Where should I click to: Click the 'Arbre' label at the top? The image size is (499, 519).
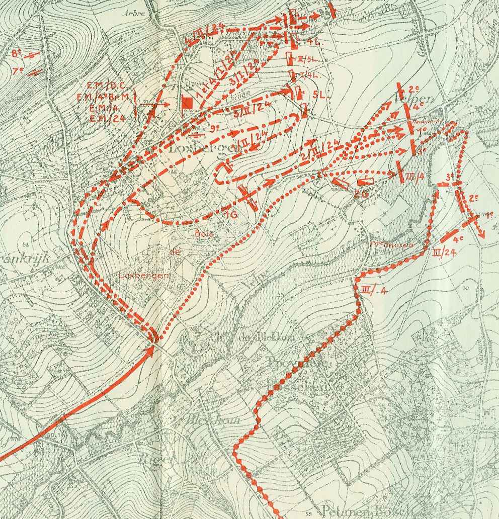[x=133, y=14]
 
